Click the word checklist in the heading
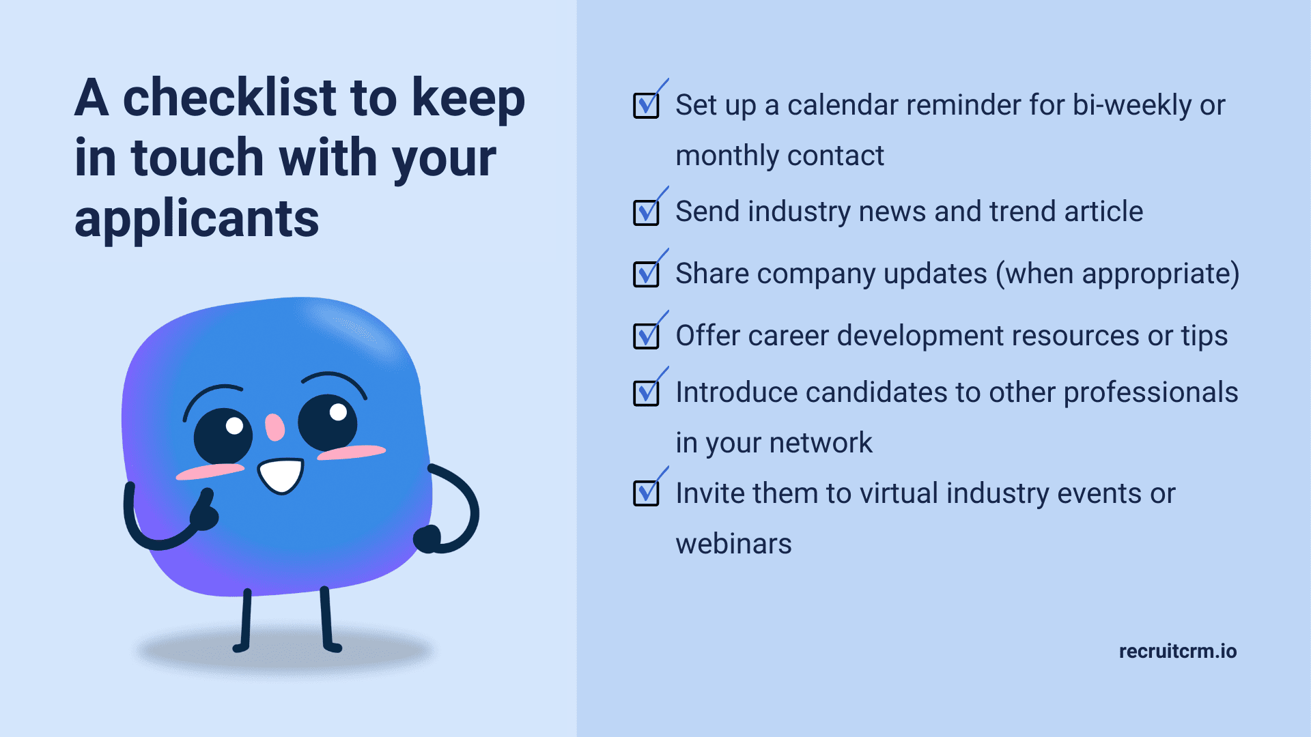tap(231, 97)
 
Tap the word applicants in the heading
tap(197, 220)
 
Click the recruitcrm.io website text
tap(1178, 651)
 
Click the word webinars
tap(733, 544)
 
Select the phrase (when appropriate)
tap(1118, 274)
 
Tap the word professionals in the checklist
tap(1151, 393)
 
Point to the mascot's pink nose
tap(274, 427)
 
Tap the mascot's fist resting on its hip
tap(427, 539)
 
